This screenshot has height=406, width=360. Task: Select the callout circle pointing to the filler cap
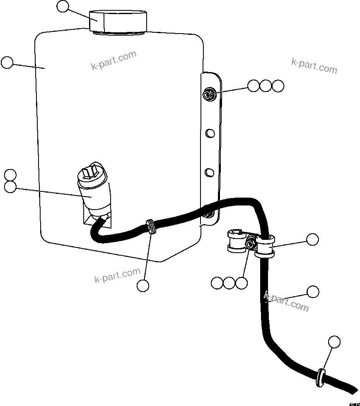click(63, 7)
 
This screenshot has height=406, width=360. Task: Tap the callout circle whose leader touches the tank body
click(7, 63)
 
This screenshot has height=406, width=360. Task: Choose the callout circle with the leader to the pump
click(10, 187)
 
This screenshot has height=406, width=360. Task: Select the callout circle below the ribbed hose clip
click(143, 285)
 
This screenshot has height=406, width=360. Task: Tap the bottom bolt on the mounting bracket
click(209, 214)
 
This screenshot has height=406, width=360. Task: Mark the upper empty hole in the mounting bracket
click(210, 133)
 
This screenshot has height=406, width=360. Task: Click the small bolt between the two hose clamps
click(250, 245)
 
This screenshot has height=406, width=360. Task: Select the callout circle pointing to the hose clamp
click(312, 239)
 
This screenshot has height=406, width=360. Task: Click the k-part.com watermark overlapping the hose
click(286, 301)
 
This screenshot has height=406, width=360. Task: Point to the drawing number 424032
click(353, 404)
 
